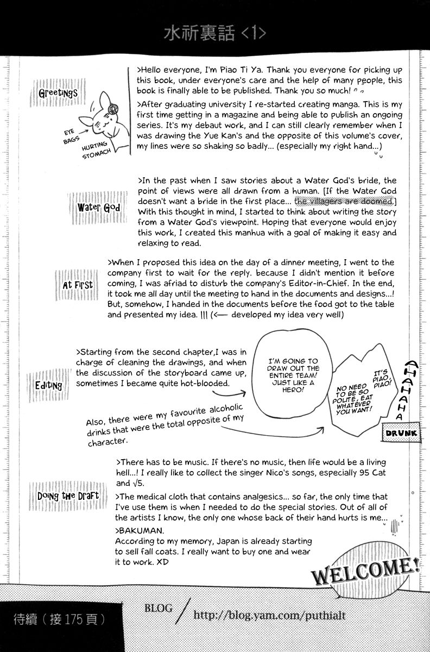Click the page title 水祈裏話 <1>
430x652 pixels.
(215, 34)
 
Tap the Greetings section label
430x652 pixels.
(59, 92)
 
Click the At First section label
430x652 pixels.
(78, 284)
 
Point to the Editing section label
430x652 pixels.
(48, 385)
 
